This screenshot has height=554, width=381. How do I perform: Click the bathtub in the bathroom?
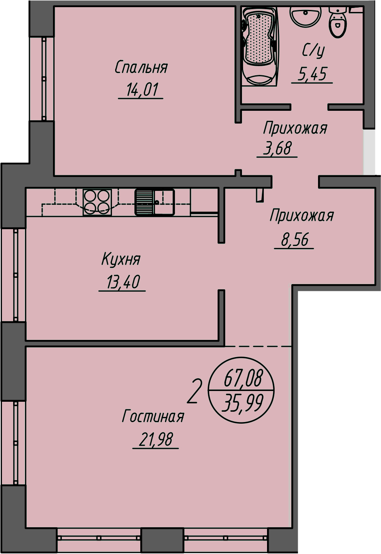pyautogui.click(x=259, y=46)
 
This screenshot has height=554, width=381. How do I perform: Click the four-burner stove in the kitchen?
pyautogui.click(x=97, y=202)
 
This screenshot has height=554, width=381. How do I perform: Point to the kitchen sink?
pyautogui.click(x=155, y=202)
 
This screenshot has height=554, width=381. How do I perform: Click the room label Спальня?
pyautogui.click(x=141, y=67)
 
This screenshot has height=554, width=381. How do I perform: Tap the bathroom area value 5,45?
pyautogui.click(x=312, y=74)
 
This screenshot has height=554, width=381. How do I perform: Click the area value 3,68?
pyautogui.click(x=277, y=148)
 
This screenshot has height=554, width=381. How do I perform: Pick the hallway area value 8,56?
pyautogui.click(x=295, y=240)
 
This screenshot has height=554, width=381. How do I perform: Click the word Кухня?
pyautogui.click(x=121, y=259)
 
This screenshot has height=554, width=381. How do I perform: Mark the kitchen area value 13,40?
pyautogui.click(x=123, y=282)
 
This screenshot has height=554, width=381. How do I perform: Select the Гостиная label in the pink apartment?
pyautogui.click(x=153, y=416)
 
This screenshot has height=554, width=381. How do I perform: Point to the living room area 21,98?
pyautogui.click(x=156, y=440)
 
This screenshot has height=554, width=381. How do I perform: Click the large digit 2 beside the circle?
pyautogui.click(x=195, y=391)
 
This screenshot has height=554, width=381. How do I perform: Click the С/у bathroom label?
pyautogui.click(x=313, y=50)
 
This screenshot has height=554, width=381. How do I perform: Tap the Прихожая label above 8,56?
pyautogui.click(x=302, y=216)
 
